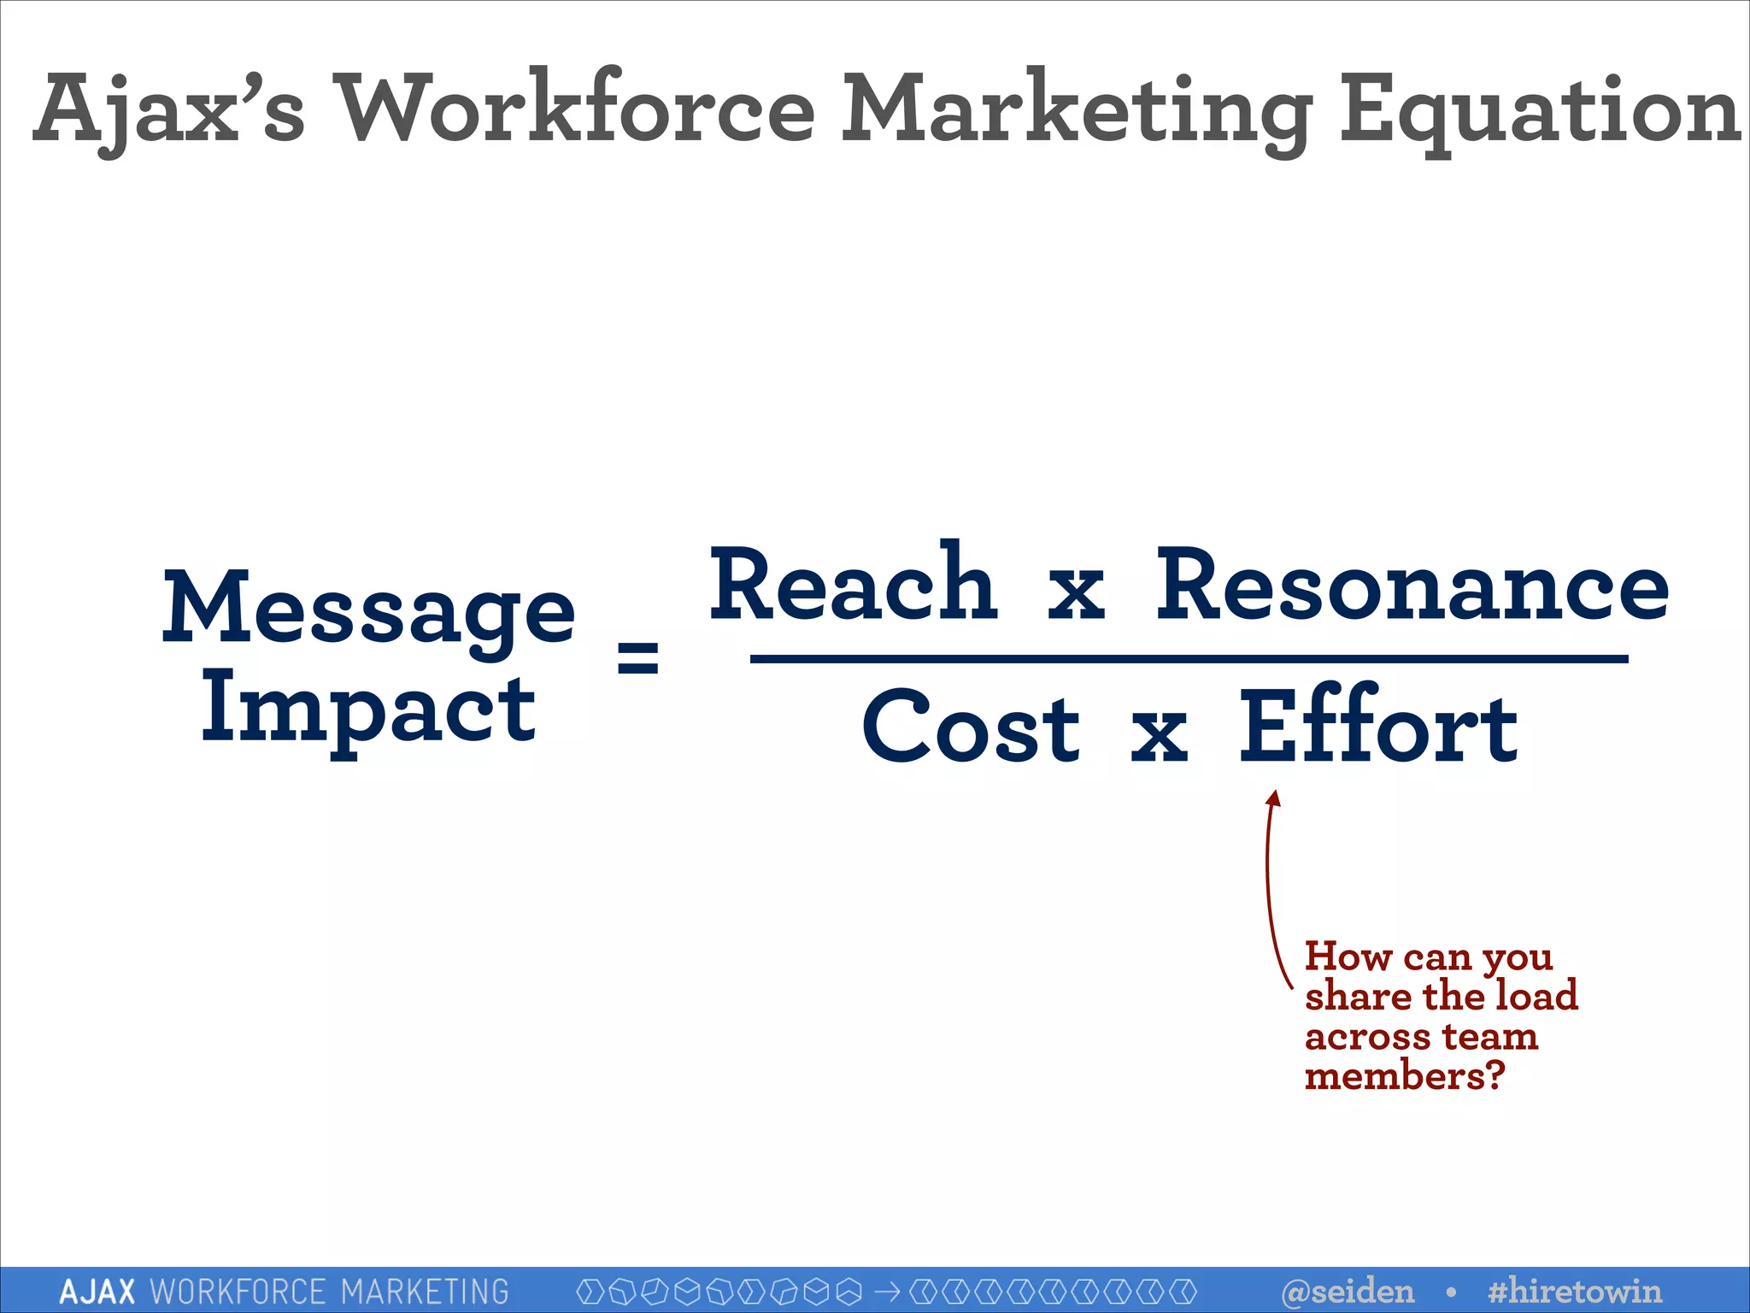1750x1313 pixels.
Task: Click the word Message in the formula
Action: pyautogui.click(x=368, y=609)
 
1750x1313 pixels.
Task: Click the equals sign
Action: pyautogui.click(x=638, y=657)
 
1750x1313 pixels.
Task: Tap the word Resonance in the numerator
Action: pyautogui.click(x=1412, y=586)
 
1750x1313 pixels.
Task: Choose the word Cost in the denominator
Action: pyautogui.click(x=971, y=728)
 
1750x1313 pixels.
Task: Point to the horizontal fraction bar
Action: pyautogui.click(x=1189, y=659)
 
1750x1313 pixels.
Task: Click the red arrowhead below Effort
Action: pyautogui.click(x=1273, y=798)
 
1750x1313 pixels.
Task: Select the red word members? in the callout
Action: pyautogui.click(x=1404, y=1076)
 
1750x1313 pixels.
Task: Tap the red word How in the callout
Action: pyautogui.click(x=1348, y=957)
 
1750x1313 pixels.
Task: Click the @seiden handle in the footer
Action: pyautogui.click(x=1348, y=1291)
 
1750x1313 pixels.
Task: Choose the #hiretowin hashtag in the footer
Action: pyautogui.click(x=1574, y=1291)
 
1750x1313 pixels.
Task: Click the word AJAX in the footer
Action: pyautogui.click(x=97, y=1292)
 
